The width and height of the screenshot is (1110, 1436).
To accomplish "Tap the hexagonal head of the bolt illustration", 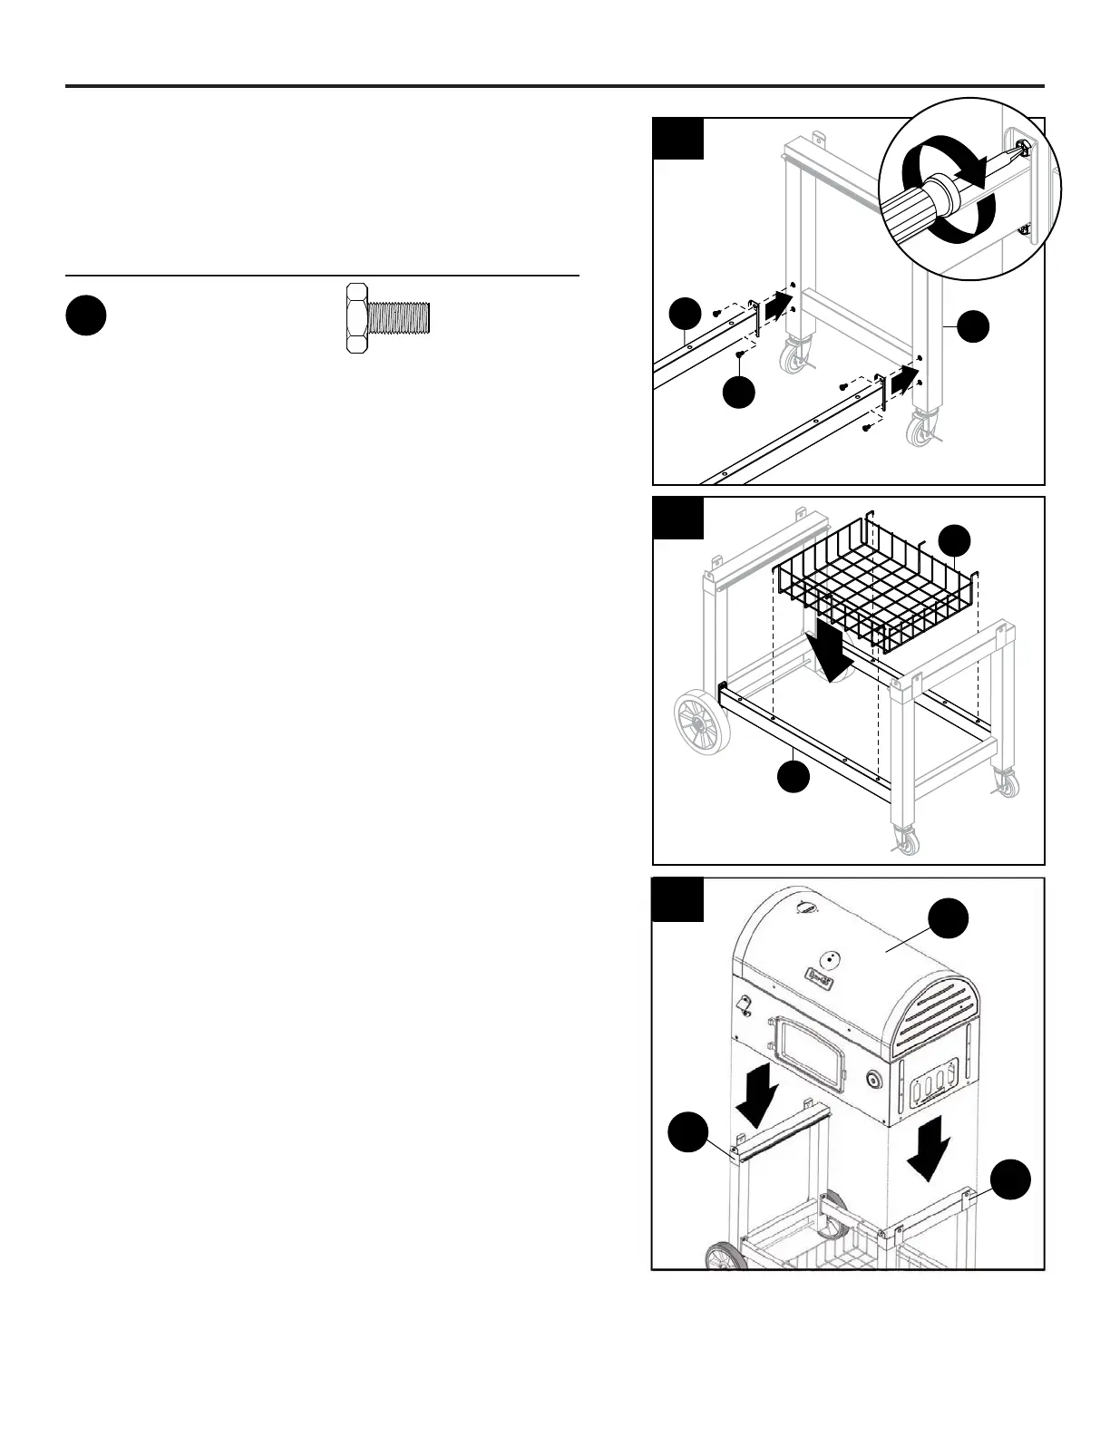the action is pyautogui.click(x=356, y=316).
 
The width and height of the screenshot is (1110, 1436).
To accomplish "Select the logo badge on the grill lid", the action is pyautogui.click(x=819, y=975).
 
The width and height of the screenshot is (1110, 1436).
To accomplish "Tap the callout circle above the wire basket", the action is pyautogui.click(x=954, y=541).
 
